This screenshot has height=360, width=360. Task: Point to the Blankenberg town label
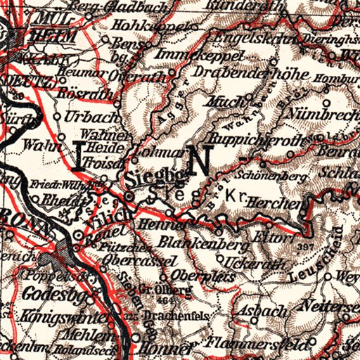coord(205,246)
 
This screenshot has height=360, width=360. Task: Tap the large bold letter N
coord(199,162)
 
